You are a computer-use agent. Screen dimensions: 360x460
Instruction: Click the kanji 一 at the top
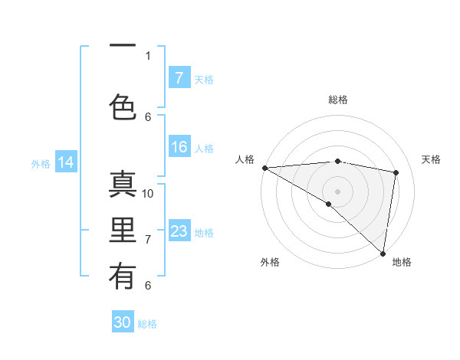click(x=123, y=47)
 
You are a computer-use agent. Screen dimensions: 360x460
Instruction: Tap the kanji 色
click(x=123, y=106)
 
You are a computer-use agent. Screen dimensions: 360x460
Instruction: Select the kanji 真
click(x=123, y=186)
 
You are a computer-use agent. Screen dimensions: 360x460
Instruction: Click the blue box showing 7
click(x=179, y=77)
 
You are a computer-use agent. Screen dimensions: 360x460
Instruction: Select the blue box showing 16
click(x=179, y=147)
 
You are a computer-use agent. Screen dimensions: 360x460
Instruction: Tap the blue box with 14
click(x=66, y=162)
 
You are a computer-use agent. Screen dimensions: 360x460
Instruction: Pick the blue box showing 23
click(x=179, y=231)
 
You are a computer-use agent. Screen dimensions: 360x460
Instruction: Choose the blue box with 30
click(x=123, y=322)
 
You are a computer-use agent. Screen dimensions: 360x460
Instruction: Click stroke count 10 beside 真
click(x=149, y=193)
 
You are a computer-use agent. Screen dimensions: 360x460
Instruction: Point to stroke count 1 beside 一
click(x=148, y=55)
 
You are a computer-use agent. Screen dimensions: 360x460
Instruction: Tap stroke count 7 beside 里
click(x=148, y=240)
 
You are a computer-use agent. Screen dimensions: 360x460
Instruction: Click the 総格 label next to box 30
click(x=148, y=324)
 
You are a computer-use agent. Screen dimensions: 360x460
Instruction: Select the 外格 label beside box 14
click(x=41, y=163)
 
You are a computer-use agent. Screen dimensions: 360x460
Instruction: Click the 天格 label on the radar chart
click(x=432, y=159)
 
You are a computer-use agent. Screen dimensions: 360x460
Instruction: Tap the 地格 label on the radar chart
click(x=402, y=262)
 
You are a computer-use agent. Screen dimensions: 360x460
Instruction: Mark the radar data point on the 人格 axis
click(x=264, y=168)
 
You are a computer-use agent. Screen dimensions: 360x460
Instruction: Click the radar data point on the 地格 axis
click(x=383, y=253)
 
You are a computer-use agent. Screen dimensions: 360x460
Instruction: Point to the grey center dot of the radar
click(x=337, y=190)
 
